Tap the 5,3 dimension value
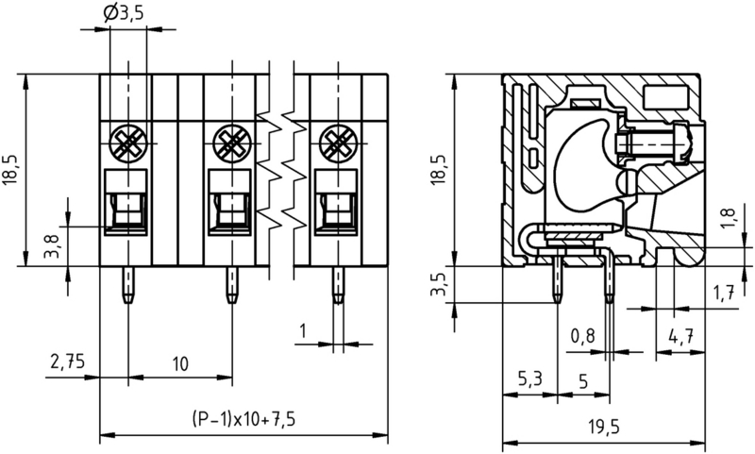pos(530,380)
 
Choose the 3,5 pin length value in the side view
pos(435,286)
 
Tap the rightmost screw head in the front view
pos(336,143)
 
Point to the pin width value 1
pos(302,331)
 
